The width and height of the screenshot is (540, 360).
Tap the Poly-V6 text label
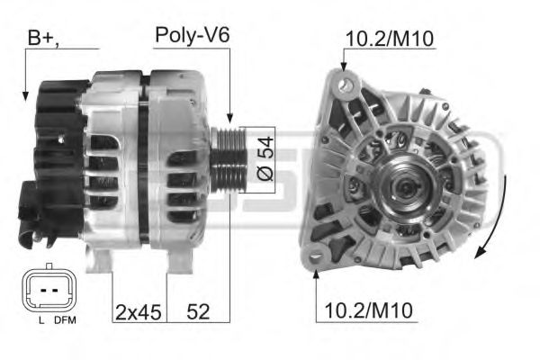(192, 36)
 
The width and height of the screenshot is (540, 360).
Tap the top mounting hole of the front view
(344, 83)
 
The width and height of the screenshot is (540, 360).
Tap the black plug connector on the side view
(30, 207)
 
